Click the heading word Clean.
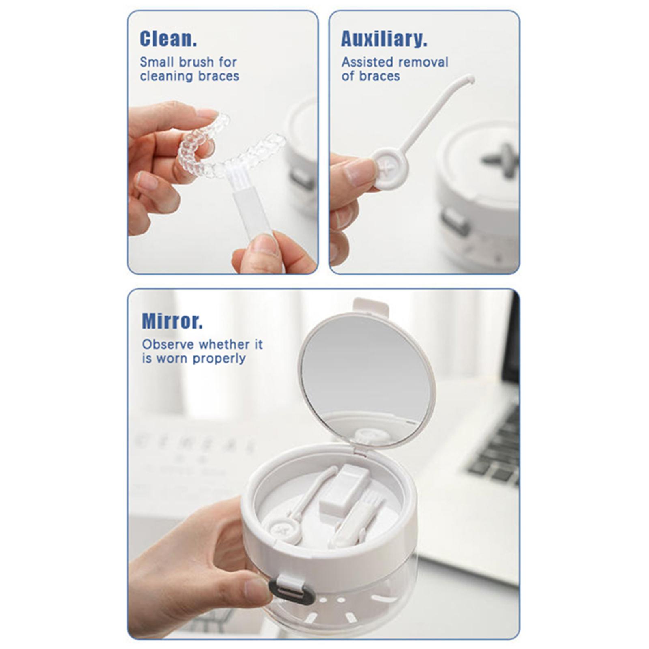click(x=168, y=39)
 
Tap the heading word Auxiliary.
click(x=384, y=39)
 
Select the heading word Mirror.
click(x=172, y=321)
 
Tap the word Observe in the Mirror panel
click(x=168, y=344)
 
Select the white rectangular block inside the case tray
click(x=344, y=491)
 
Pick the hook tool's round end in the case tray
click(x=282, y=529)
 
